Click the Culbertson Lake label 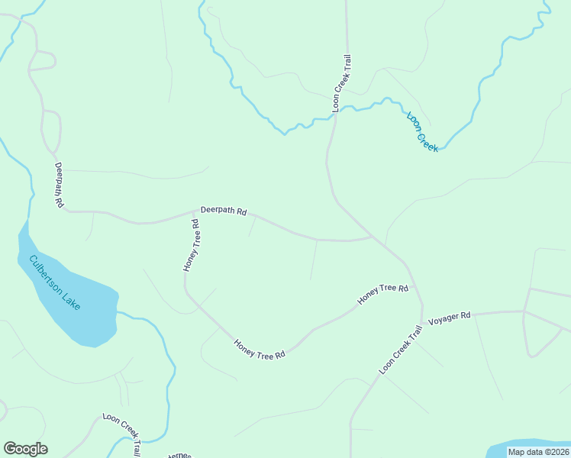point(54,282)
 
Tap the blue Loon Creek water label point(422,132)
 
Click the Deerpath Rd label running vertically point(58,185)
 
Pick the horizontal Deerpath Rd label point(224,211)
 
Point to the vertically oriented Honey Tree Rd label point(191,246)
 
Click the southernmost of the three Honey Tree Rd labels point(259,350)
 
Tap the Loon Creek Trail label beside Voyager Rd point(401,350)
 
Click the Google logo point(25,449)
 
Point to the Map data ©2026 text point(539,452)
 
